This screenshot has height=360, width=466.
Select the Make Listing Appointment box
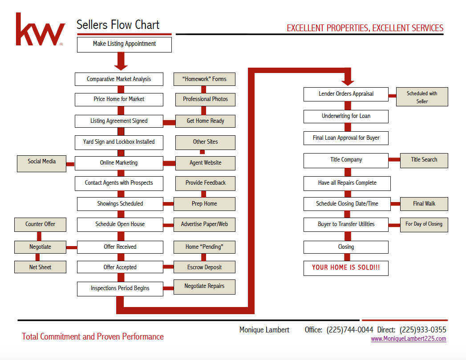point(124,44)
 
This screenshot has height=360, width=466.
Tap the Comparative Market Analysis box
point(119,79)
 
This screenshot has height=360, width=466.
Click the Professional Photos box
point(205,99)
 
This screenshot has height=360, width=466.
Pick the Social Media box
point(41,162)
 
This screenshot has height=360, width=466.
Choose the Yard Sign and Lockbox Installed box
point(119,142)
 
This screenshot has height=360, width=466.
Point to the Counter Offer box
point(40,224)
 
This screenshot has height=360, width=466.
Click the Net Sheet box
point(40,267)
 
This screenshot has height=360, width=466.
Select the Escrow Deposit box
point(204,267)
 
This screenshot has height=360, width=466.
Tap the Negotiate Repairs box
point(204,287)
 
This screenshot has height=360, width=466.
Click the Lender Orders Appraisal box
point(346,94)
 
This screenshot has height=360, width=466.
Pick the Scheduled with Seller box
point(422,97)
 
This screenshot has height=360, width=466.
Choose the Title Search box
point(424,160)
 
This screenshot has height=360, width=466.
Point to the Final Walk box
point(424,204)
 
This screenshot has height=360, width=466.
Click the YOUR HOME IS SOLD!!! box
point(346,268)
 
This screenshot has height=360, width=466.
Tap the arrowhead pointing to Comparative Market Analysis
point(121,66)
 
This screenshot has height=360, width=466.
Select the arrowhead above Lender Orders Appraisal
point(348,81)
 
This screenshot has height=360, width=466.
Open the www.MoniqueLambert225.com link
point(408,339)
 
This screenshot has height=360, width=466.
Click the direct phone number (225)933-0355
point(423,330)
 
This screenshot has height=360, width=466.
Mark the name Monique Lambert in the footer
point(264,330)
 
